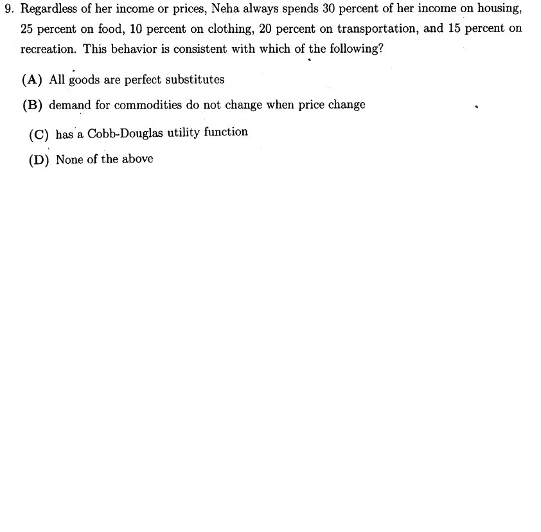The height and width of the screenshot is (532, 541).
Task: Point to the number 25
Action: tap(27, 29)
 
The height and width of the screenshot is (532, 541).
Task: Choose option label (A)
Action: tap(33, 80)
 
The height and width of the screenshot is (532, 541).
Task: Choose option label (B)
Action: tap(33, 105)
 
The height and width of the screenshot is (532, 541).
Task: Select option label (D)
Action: tap(39, 160)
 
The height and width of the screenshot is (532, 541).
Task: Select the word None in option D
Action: tap(69, 159)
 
